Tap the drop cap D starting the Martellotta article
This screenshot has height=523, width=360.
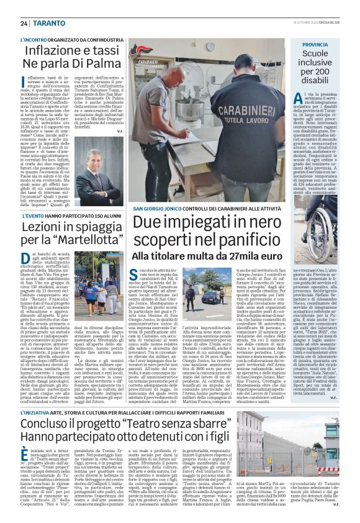(x=25, y=259)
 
